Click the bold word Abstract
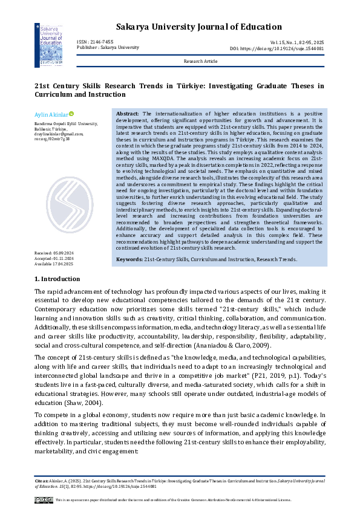[128, 114]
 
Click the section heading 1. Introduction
[57, 279]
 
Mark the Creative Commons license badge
[44, 499]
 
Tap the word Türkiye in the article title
[177, 86]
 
